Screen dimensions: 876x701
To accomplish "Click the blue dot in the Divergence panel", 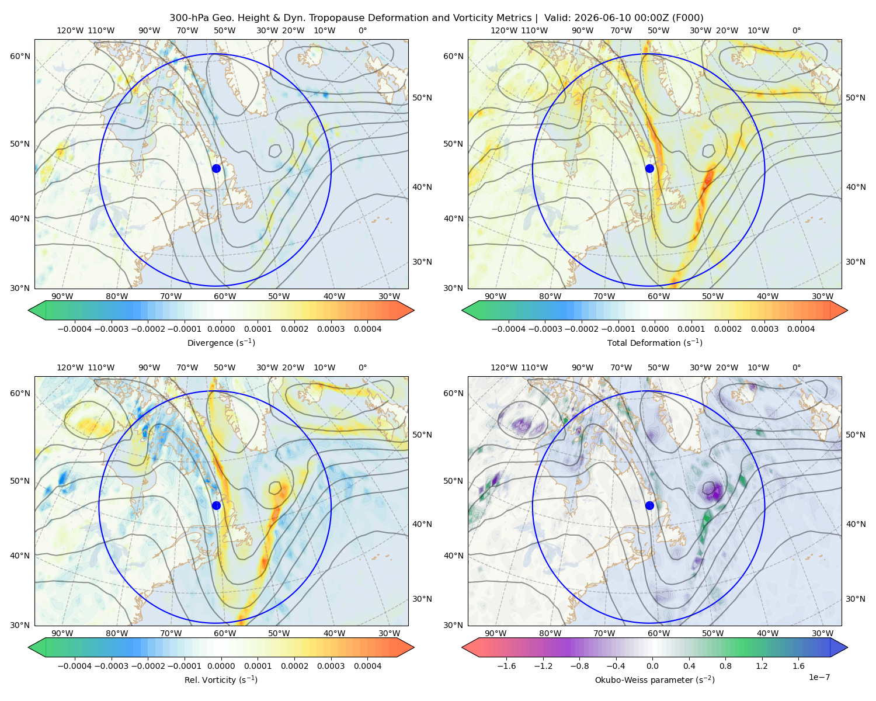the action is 216,168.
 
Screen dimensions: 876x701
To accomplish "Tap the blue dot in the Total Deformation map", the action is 649,168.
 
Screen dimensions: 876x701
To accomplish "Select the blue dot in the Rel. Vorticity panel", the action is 216,505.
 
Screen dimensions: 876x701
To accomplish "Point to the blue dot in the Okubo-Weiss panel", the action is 649,505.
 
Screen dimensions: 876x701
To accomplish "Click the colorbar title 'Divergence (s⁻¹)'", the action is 221,342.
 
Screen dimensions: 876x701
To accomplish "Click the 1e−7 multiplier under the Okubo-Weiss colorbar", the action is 819,677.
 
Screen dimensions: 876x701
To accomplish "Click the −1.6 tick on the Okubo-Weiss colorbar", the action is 506,665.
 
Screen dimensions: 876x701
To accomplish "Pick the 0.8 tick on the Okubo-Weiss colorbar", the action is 725,665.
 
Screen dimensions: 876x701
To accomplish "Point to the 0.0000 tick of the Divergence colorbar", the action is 221,329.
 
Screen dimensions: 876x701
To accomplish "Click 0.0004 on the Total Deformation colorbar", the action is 801,329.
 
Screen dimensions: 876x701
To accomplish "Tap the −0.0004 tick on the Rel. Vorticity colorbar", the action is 75,665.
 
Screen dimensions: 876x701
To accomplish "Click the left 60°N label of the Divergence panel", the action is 20,56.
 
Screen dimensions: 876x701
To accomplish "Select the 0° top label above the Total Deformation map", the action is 796,30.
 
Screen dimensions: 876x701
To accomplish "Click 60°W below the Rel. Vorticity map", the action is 225,633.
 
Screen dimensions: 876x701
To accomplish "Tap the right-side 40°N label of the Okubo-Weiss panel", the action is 856,524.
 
